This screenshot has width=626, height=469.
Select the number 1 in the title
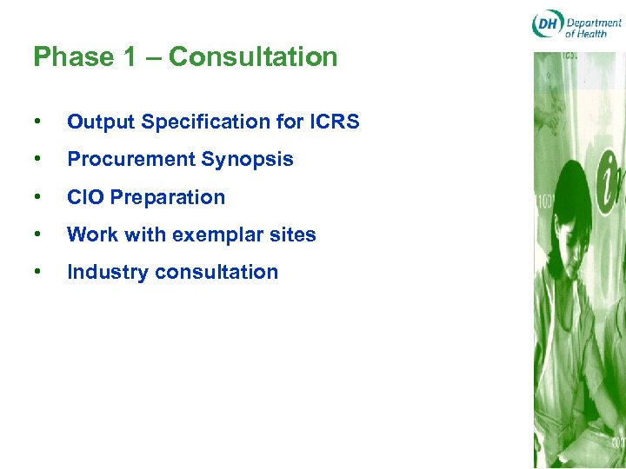(130, 57)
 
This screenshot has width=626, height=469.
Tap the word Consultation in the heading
(253, 57)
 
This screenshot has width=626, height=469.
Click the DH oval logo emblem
(547, 24)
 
